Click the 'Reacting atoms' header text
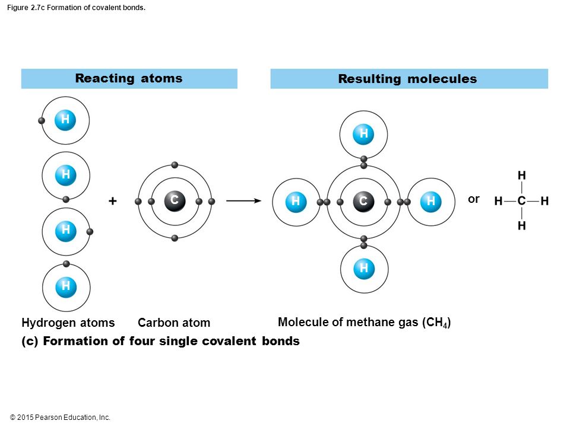click(129, 78)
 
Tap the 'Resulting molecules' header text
click(407, 79)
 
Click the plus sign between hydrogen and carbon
click(113, 201)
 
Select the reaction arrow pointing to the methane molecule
click(243, 201)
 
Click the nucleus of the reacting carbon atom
click(175, 201)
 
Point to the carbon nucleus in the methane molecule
click(363, 201)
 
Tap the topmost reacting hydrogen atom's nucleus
click(65, 120)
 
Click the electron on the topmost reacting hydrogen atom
click(42, 120)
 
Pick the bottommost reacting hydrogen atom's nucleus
click(66, 287)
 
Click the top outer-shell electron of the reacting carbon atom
click(175, 165)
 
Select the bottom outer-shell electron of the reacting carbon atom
click(175, 238)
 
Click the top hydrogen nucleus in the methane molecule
click(363, 134)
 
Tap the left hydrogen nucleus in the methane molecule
click(296, 202)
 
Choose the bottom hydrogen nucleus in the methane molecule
click(364, 269)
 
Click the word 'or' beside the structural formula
click(474, 199)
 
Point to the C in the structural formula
click(522, 201)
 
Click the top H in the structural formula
click(522, 176)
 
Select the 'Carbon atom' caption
click(174, 323)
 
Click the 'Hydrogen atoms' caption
click(68, 323)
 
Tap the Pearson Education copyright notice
click(60, 418)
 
